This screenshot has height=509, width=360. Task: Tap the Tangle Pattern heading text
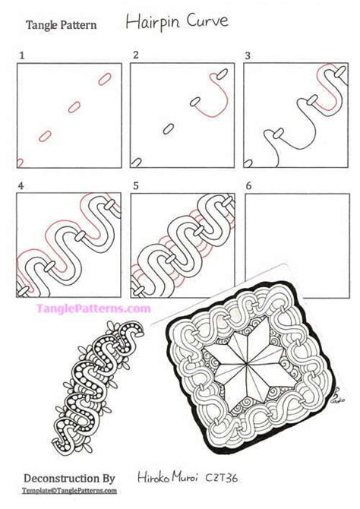62,25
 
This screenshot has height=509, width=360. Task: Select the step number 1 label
23,55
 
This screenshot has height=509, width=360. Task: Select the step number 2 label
135,55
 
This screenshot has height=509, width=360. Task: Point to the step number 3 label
248,55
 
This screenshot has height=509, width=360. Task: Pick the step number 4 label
22,185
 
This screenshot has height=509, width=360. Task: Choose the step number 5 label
135,185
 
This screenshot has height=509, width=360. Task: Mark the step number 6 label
248,185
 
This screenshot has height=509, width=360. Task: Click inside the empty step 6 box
295,244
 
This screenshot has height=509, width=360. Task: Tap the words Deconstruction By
69,479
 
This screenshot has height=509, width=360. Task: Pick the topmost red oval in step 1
104,79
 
